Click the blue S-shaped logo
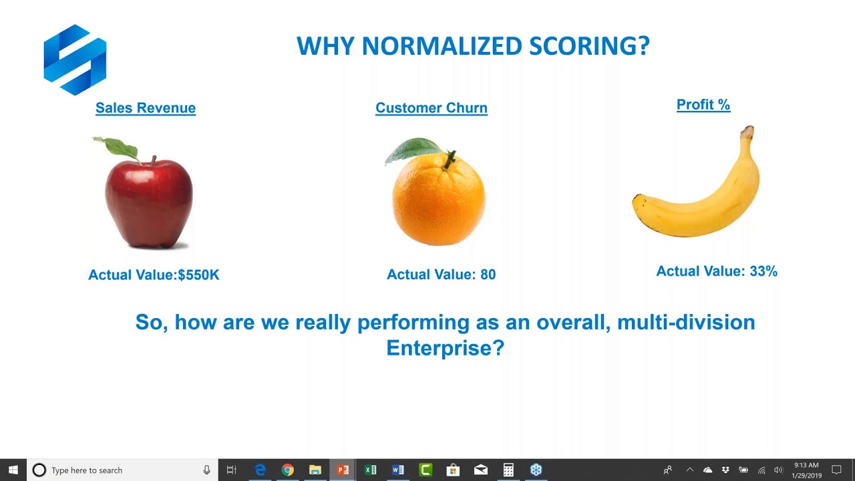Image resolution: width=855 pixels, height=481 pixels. (75, 59)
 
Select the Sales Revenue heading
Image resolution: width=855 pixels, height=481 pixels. (146, 108)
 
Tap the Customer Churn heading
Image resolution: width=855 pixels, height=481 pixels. (432, 108)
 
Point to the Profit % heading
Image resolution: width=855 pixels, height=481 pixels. (703, 105)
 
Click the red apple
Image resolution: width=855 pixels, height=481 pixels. (149, 200)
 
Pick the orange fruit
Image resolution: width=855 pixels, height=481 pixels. (438, 200)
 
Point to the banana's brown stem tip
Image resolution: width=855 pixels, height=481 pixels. (749, 132)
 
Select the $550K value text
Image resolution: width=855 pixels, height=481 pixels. (198, 275)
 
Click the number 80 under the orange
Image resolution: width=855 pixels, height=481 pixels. (488, 275)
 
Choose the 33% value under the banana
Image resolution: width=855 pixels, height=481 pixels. (763, 271)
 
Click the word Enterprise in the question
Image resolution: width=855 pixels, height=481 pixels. (445, 348)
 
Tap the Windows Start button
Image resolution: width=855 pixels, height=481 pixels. (13, 470)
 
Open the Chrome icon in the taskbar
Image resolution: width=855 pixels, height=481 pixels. (287, 470)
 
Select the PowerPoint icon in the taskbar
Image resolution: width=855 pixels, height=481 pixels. (343, 470)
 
